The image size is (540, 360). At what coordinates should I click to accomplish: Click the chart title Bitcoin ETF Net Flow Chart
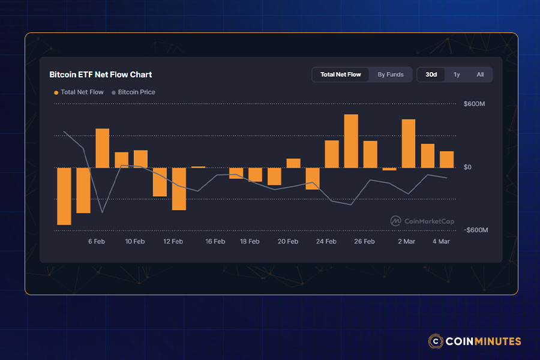[x=100, y=74]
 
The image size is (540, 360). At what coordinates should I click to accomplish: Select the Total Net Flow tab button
[x=340, y=74]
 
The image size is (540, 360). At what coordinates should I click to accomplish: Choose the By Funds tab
[x=391, y=74]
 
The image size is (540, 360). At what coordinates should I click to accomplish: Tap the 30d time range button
[x=431, y=74]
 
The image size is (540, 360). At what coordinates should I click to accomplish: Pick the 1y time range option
[x=457, y=74]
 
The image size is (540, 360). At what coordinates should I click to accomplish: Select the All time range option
[x=480, y=74]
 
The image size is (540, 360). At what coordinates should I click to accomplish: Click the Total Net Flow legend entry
[x=79, y=92]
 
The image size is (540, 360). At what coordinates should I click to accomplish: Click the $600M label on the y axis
[x=474, y=104]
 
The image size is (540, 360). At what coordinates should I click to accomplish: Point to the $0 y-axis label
[x=468, y=167]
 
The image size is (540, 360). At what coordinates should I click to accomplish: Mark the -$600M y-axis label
[x=475, y=230]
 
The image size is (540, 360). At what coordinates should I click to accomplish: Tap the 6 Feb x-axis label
[x=97, y=241]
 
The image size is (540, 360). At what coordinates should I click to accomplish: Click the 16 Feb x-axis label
[x=215, y=241]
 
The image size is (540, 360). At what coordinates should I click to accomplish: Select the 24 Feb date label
[x=326, y=241]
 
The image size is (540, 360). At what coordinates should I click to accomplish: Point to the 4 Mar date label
[x=441, y=241]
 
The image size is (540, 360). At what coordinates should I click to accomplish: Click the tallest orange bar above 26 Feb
[x=351, y=141]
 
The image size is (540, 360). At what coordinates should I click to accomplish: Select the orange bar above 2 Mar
[x=409, y=143]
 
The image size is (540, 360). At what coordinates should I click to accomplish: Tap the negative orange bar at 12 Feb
[x=179, y=188]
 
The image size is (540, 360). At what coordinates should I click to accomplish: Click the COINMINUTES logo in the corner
[x=475, y=341]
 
